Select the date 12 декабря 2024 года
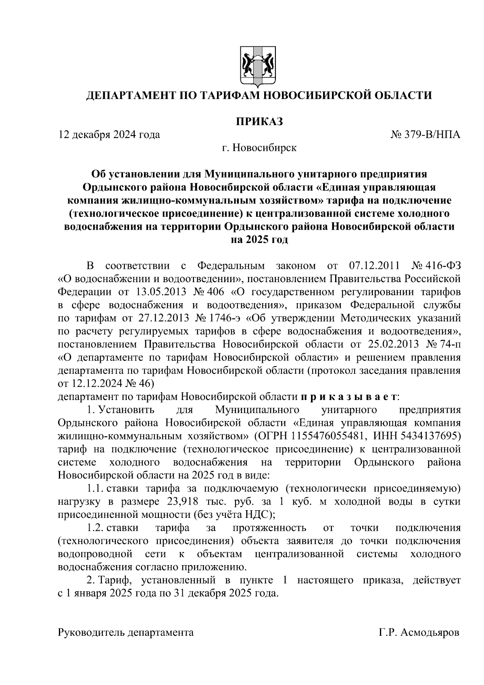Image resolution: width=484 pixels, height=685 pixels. (x=109, y=134)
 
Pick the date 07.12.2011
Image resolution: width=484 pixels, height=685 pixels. (x=373, y=266)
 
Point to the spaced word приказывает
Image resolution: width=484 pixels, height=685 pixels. (x=349, y=396)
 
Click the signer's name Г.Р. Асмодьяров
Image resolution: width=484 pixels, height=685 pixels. (x=419, y=633)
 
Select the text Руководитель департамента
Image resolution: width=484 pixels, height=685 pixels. (x=126, y=633)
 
